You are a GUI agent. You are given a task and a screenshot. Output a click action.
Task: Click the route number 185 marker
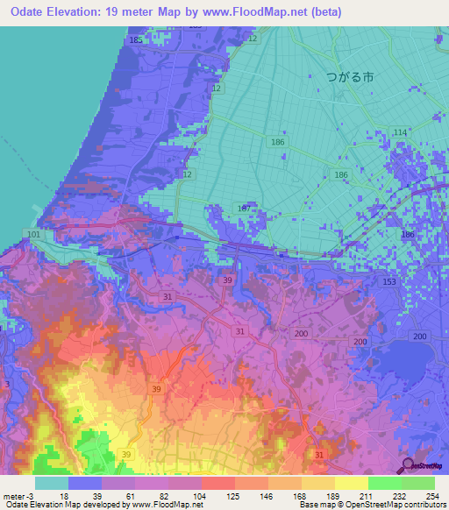[135, 40]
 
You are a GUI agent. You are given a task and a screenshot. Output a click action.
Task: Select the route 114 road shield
[400, 132]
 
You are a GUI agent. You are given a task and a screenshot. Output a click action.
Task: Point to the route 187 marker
[245, 208]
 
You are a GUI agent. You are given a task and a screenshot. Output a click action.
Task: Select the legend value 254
[433, 495]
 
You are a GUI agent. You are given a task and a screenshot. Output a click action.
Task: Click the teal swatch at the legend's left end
[52, 482]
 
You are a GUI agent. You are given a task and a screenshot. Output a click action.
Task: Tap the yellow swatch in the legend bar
[351, 482]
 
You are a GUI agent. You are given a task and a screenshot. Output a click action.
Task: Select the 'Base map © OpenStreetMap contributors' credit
[369, 505]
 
